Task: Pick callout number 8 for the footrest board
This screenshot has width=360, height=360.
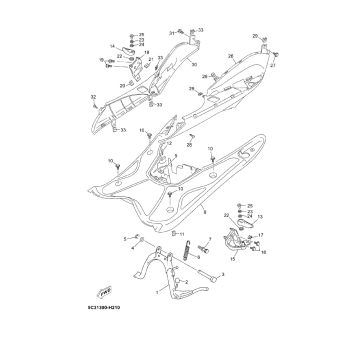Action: (x=205, y=212)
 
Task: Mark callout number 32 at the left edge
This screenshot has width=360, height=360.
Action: (x=93, y=96)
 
